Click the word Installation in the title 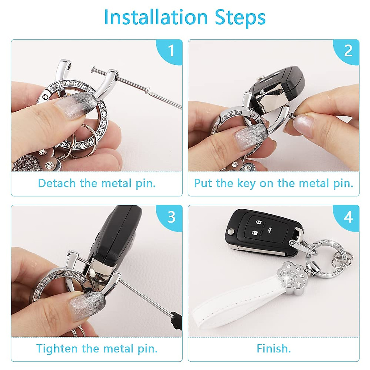[x=155, y=17]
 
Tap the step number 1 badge [x=171, y=51]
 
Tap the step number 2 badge [x=348, y=51]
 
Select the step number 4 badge [x=348, y=217]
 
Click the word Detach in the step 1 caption [x=57, y=183]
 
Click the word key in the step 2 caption [x=246, y=184]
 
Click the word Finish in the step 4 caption [x=273, y=349]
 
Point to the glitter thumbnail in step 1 [x=72, y=105]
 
